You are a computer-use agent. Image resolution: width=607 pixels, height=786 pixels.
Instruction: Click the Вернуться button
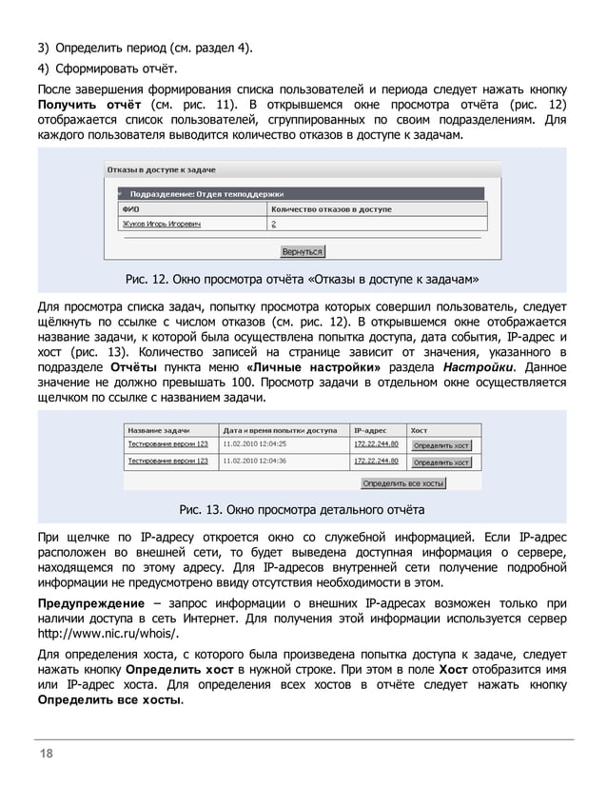pyautogui.click(x=303, y=252)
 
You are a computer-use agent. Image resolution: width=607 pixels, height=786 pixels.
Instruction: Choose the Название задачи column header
pyautogui.click(x=158, y=427)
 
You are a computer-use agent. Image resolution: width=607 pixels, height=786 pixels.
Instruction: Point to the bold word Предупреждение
pyautogui.click(x=90, y=603)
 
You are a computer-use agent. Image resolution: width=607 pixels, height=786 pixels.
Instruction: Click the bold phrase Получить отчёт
pyautogui.click(x=90, y=103)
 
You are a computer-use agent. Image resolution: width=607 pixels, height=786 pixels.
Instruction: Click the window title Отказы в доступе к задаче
pyautogui.click(x=161, y=169)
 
